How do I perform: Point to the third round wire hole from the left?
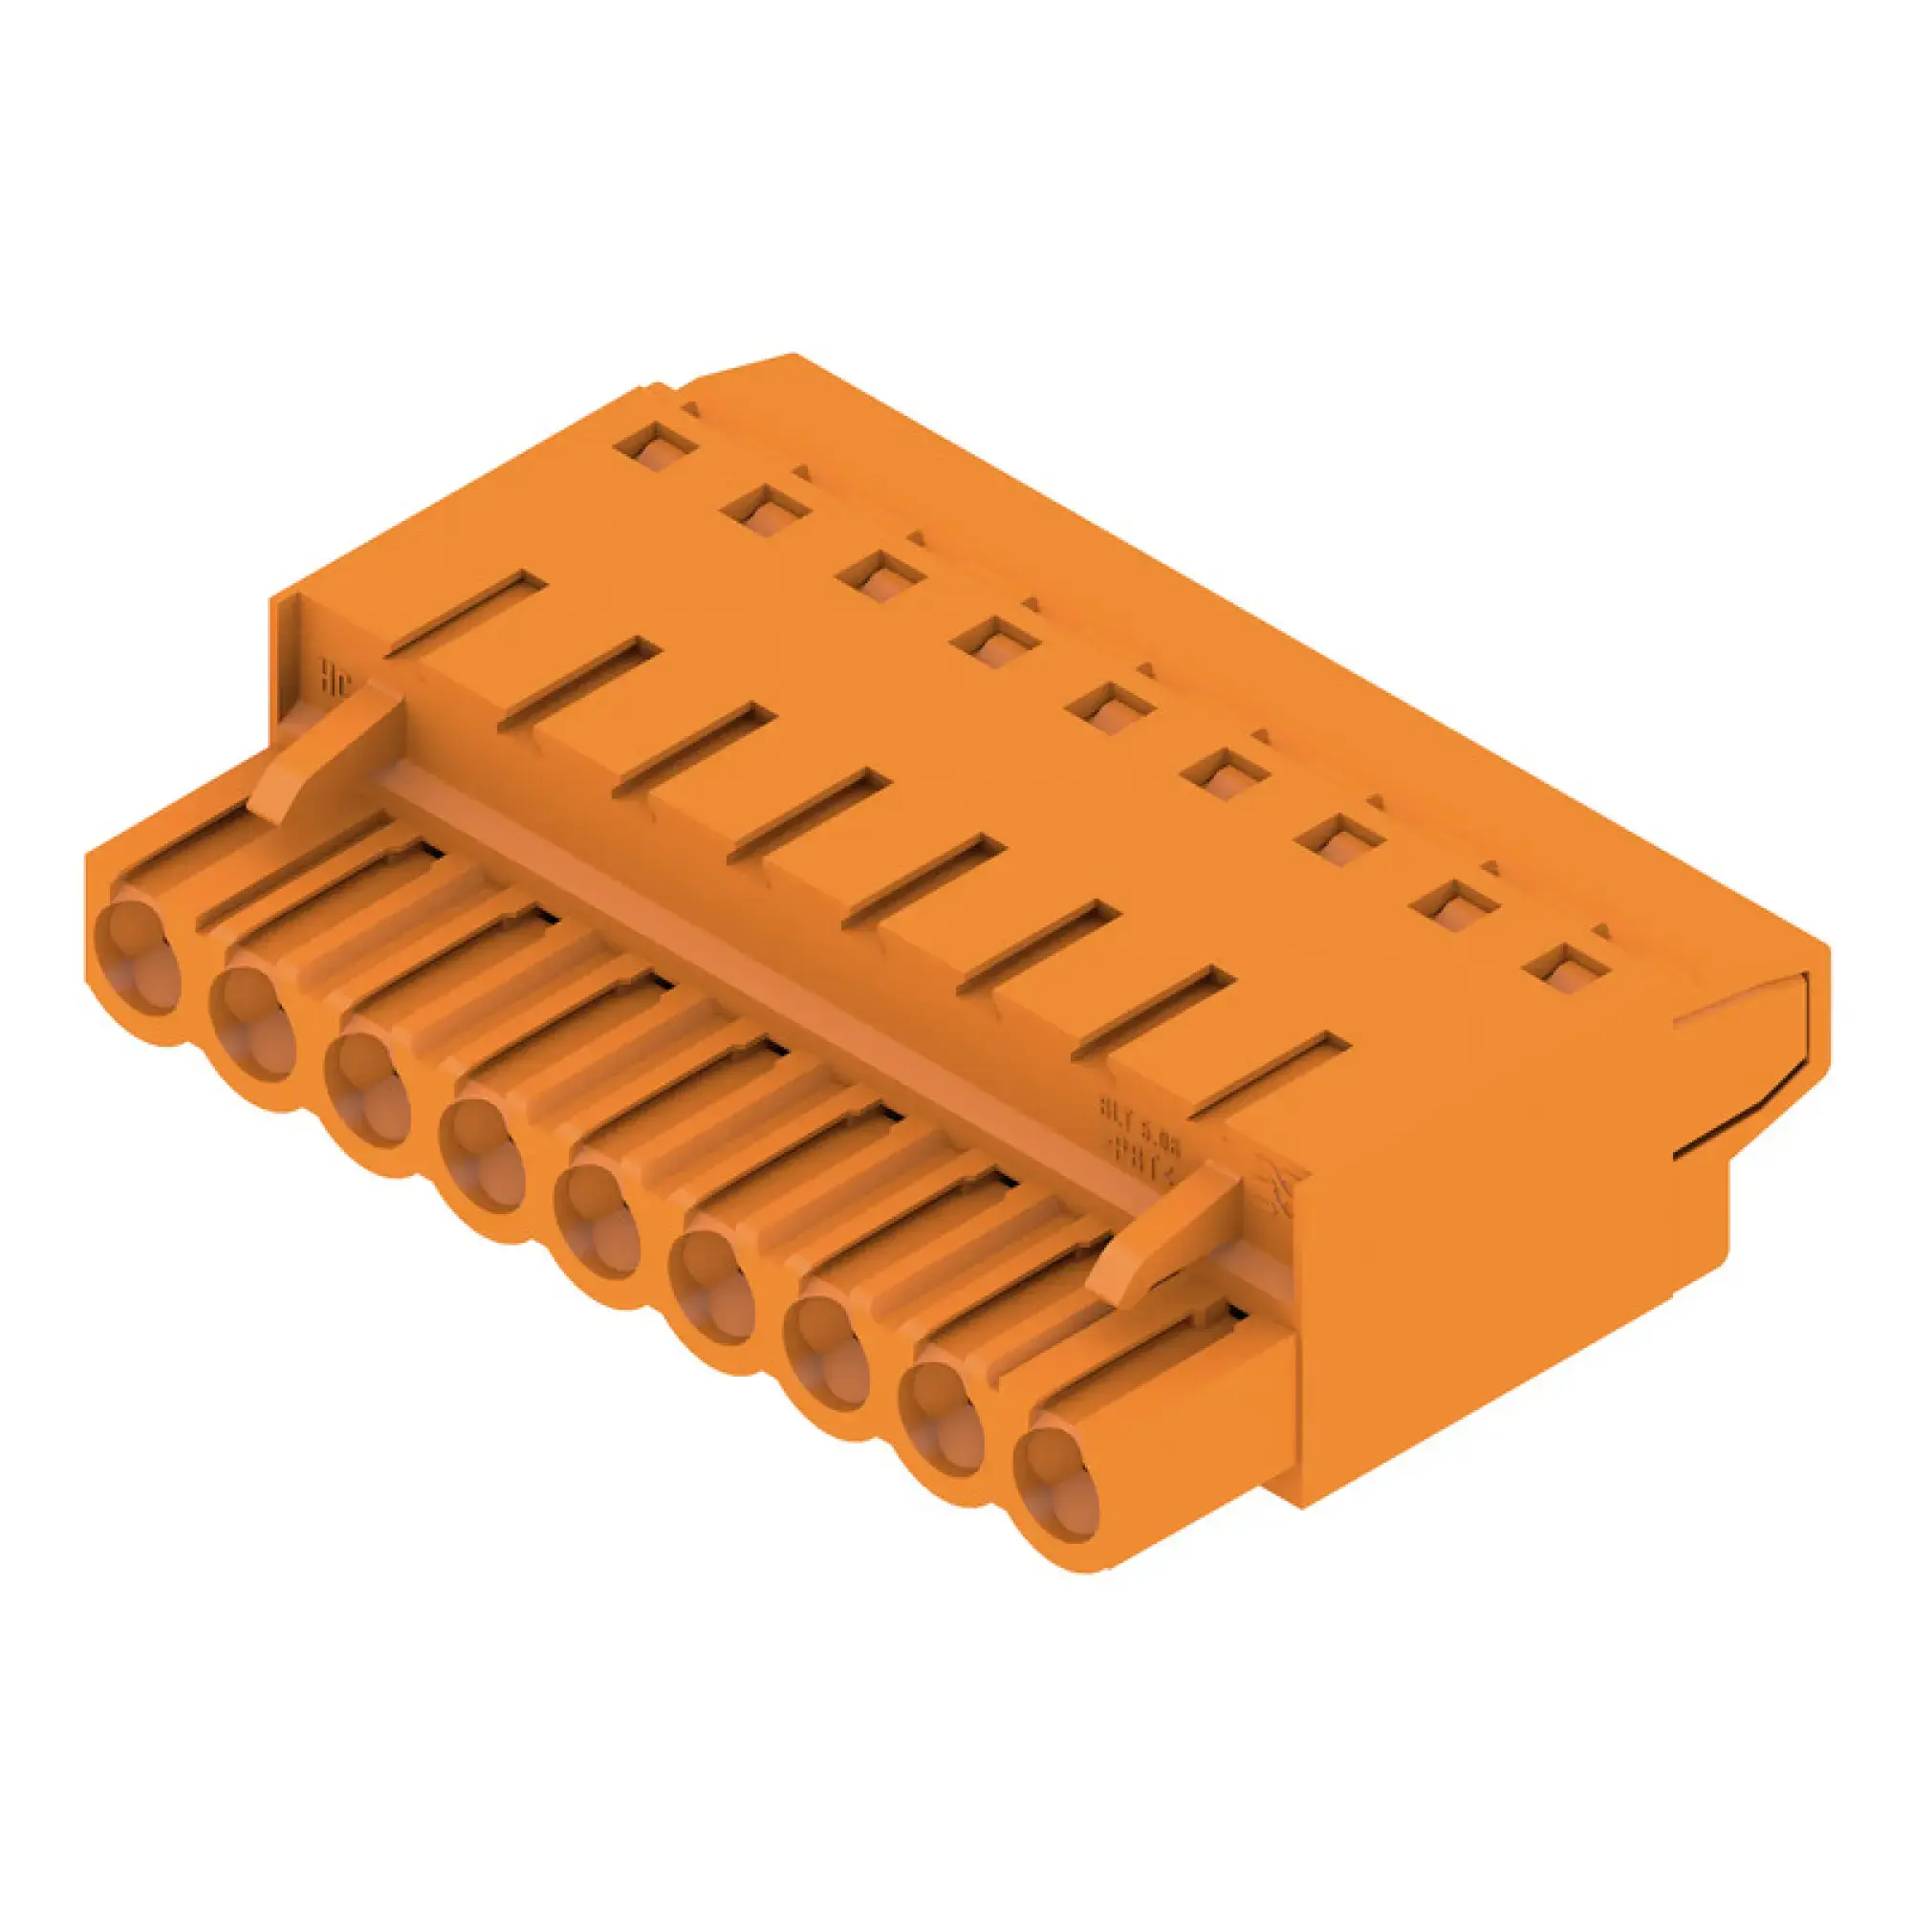pos(367,1089)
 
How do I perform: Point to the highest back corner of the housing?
pos(792,356)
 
